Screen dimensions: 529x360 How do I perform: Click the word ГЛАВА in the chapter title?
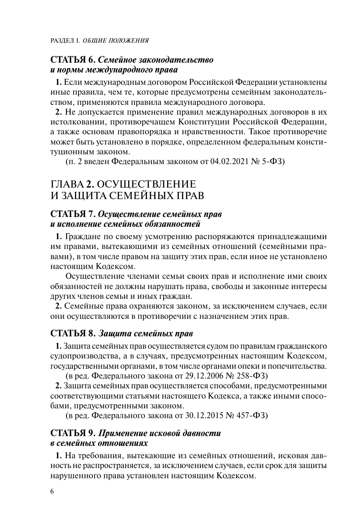(67, 185)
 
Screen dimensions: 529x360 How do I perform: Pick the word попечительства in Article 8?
(297, 366)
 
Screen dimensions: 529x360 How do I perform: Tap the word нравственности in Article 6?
(217, 132)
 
